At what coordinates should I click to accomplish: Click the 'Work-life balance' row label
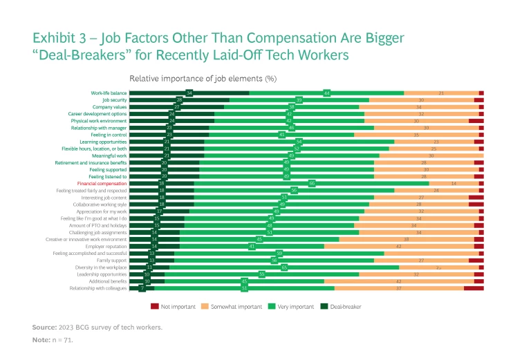109,93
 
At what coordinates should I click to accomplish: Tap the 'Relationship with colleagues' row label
98,288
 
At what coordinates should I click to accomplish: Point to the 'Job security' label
114,100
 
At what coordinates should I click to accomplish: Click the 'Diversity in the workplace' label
101,267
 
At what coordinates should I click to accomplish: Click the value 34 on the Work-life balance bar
189,93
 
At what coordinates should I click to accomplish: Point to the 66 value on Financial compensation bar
313,183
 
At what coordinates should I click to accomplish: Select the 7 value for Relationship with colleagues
142,288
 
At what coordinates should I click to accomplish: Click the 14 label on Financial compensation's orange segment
454,183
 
